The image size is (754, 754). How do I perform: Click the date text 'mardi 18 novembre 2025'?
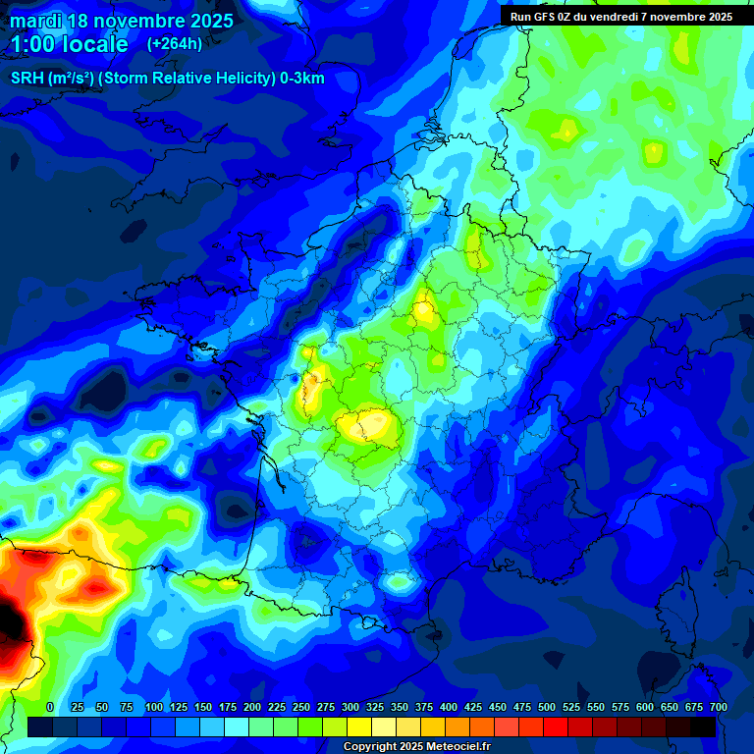point(122,21)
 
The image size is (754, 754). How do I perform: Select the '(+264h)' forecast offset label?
point(175,44)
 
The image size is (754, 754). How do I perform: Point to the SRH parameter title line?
point(167,79)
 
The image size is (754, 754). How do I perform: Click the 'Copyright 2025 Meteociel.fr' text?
point(416,746)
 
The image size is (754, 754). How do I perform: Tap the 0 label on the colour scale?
point(50,707)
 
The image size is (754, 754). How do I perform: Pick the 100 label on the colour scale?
point(154,707)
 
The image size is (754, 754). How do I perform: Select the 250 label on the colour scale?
point(301,707)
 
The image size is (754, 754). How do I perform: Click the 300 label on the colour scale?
point(350,707)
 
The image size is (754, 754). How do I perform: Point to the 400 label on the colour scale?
point(449,707)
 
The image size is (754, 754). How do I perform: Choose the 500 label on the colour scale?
point(547,707)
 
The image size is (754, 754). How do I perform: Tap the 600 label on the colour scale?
point(645,707)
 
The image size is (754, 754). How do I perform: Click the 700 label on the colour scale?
point(718,707)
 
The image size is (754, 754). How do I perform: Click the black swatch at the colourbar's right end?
point(703,727)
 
